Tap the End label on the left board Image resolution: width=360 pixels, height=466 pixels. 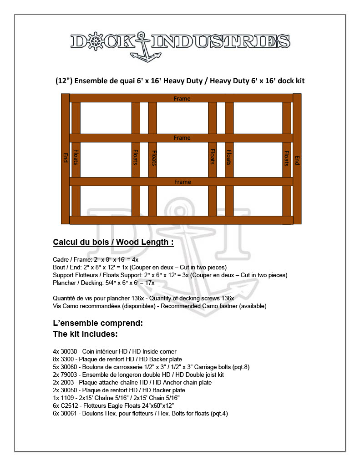(x=65, y=157)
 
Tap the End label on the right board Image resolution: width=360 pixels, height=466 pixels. (x=297, y=160)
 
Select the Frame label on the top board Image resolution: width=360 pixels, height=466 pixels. (x=182, y=98)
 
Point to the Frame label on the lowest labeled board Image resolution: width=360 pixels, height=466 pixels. (x=182, y=182)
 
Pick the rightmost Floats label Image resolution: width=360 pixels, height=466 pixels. (x=287, y=158)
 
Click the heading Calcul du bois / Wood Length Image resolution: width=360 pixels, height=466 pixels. (x=113, y=242)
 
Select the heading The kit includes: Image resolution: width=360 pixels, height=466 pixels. (x=86, y=334)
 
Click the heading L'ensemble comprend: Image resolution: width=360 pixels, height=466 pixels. (x=98, y=324)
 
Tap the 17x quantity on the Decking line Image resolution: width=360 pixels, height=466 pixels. (x=150, y=283)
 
